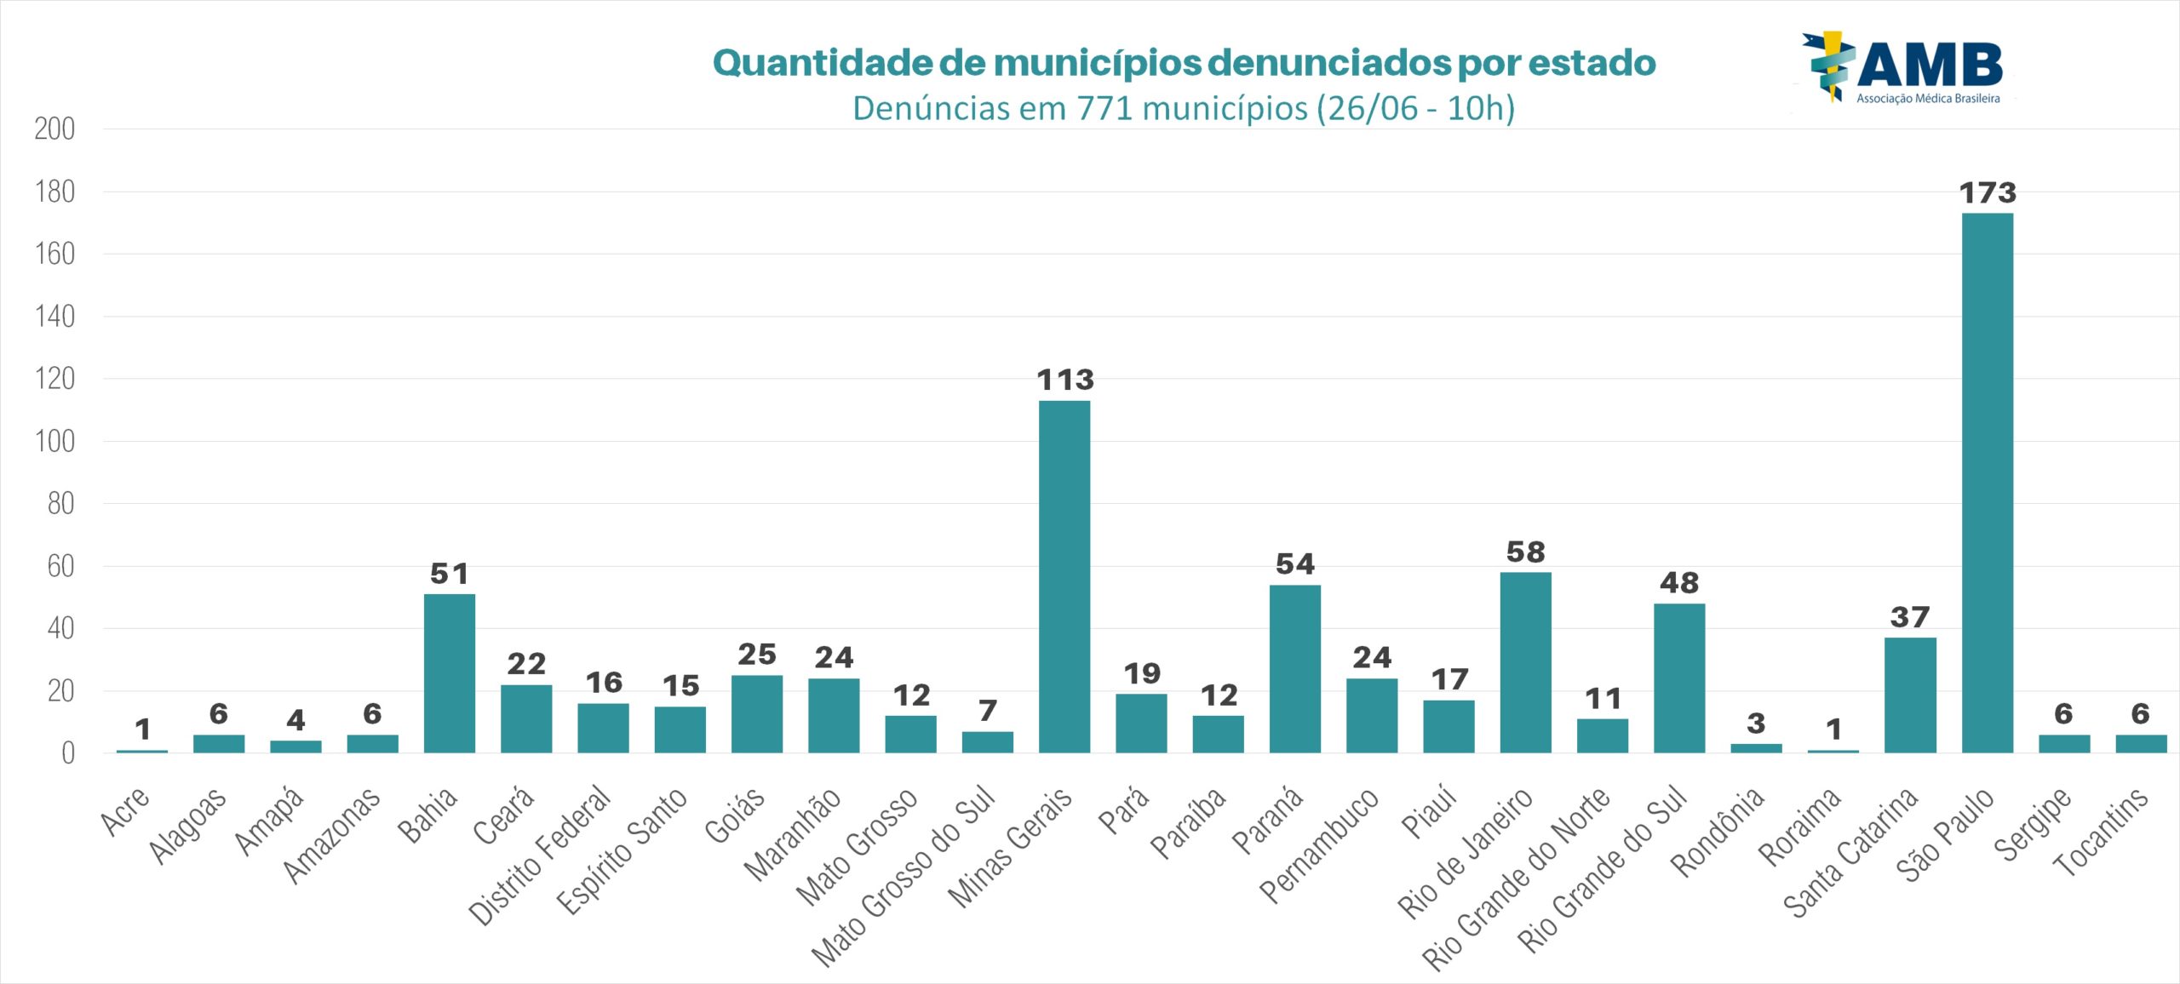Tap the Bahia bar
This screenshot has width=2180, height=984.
(x=449, y=673)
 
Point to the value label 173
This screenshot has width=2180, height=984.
(x=1988, y=193)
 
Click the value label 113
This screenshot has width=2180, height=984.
(x=1064, y=380)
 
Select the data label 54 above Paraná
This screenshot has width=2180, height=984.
(x=1294, y=564)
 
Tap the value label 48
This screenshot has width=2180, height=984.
(x=1678, y=583)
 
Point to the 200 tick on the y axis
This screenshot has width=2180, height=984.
(x=54, y=129)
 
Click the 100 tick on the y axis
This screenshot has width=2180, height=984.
(x=54, y=442)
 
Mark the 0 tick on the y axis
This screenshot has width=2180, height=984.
(x=67, y=753)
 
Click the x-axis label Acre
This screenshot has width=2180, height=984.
(x=125, y=810)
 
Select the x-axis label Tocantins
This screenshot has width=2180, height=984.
(x=2101, y=832)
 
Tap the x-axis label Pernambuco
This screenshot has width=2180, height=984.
(x=1318, y=845)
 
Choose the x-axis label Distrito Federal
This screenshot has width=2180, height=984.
(x=540, y=855)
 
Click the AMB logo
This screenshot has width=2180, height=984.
(x=1904, y=68)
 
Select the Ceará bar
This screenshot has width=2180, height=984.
(x=525, y=718)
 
